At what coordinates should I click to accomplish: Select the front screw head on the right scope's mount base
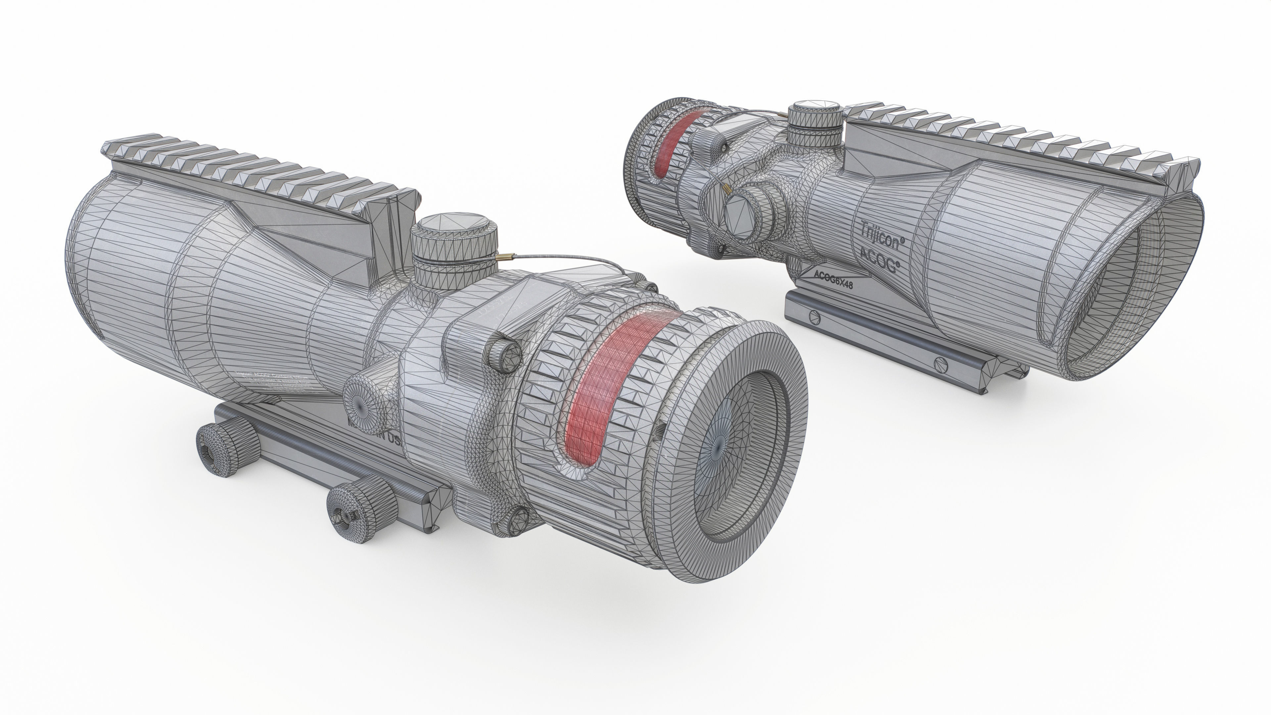point(941,364)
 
